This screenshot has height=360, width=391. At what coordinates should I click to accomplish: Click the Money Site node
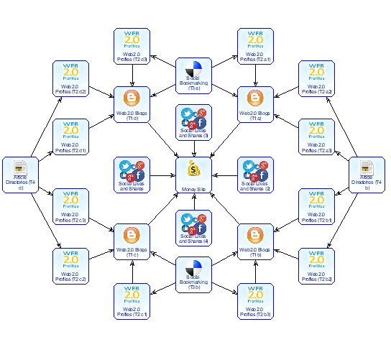pos(195,175)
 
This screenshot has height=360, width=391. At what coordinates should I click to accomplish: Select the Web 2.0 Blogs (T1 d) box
pos(132,104)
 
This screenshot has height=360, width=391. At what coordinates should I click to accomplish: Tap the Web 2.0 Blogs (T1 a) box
pos(255,104)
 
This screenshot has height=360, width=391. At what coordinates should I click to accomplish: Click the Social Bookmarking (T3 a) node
pos(194,76)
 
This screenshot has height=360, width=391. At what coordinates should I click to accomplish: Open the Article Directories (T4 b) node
pos(367,175)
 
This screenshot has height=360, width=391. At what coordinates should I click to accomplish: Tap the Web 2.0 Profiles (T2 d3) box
pos(132,46)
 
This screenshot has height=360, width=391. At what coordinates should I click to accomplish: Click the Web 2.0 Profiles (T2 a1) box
pos(255,46)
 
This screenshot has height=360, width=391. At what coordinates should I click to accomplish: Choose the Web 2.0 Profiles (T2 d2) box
pos(71,79)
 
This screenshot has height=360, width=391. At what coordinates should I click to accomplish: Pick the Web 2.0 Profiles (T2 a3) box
pos(317,137)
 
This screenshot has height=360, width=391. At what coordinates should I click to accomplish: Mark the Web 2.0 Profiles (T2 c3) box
pos(71,207)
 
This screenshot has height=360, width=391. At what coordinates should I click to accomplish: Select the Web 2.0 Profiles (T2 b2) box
pos(317,265)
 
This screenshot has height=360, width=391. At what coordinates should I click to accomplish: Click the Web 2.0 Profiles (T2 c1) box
pos(132,301)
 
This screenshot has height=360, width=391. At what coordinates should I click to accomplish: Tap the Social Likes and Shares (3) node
pos(194,122)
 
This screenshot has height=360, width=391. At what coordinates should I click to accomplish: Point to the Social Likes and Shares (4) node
pos(194,229)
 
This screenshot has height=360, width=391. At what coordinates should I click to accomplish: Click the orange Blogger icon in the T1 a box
pos(255,98)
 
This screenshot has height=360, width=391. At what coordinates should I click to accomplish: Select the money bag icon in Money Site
pos(195,170)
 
